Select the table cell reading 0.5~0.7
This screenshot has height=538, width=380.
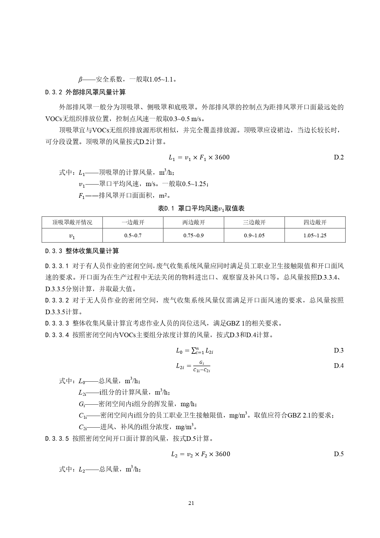click(x=133, y=235)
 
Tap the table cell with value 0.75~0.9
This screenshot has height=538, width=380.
click(x=194, y=235)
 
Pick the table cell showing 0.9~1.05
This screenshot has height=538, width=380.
click(x=254, y=235)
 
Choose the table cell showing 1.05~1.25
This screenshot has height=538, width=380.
click(x=315, y=235)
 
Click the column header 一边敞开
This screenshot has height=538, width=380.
click(x=133, y=222)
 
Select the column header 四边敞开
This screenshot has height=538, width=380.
click(x=315, y=222)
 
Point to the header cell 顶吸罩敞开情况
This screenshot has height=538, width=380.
click(x=72, y=222)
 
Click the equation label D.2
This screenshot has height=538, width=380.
click(x=339, y=158)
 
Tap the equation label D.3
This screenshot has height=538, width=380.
click(x=339, y=350)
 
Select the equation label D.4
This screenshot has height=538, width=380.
click(x=339, y=365)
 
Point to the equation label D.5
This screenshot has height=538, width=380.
click(x=339, y=454)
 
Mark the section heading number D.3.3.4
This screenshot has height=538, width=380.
click(x=57, y=335)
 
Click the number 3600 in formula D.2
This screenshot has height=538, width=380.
click(x=222, y=158)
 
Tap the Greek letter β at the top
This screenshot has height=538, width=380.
click(x=80, y=80)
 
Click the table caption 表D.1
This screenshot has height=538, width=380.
click(x=166, y=209)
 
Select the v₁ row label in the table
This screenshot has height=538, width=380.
click(x=72, y=236)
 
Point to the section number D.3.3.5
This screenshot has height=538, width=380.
click(x=57, y=439)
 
